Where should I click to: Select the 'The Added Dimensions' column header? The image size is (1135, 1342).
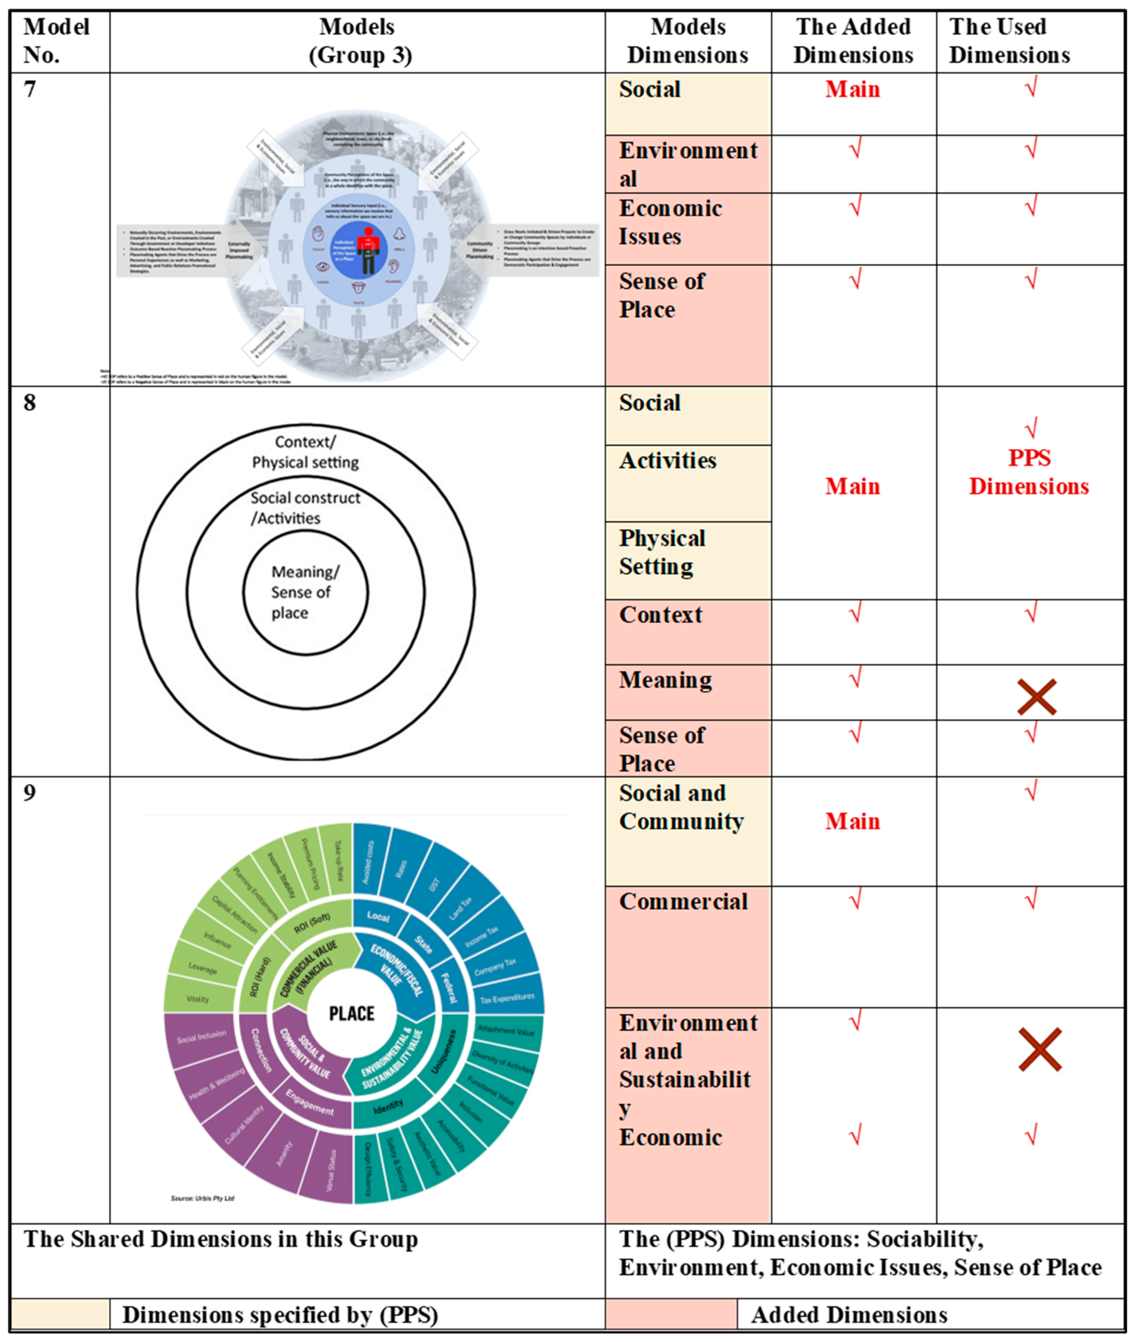(853, 41)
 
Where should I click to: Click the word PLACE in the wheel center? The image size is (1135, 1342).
(351, 1014)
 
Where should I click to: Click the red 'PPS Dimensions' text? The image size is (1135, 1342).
(1029, 472)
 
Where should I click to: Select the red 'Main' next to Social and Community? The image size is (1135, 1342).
(853, 821)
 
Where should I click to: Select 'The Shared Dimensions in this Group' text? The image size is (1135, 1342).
(221, 1239)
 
